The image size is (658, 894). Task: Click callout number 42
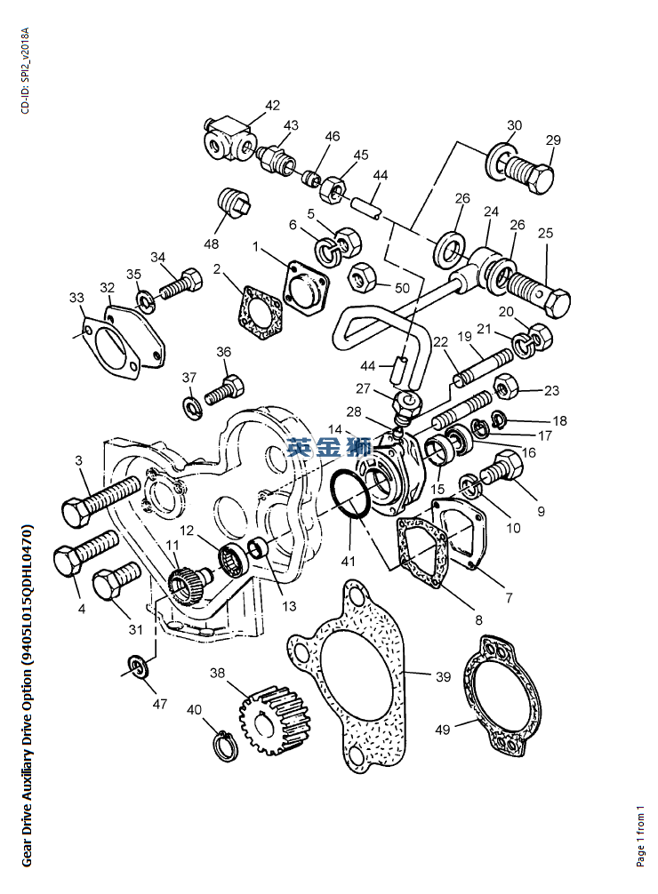pos(271,107)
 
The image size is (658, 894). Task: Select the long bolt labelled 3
pos(100,499)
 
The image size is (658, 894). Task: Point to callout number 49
pos(442,729)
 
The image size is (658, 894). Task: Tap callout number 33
pos(76,297)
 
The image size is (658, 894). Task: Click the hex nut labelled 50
pos(361,278)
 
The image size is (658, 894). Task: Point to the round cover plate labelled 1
pos(303,288)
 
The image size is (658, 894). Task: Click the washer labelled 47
pos(136,667)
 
